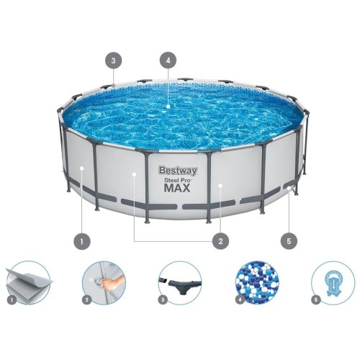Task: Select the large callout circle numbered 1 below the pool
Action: tap(84, 241)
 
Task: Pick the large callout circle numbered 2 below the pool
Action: tap(220, 241)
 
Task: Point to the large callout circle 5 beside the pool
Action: tap(289, 241)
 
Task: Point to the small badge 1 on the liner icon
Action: tap(12, 298)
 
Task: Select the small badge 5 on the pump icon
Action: tap(315, 298)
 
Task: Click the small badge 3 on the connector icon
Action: tap(163, 298)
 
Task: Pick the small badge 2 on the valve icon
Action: tap(88, 298)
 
